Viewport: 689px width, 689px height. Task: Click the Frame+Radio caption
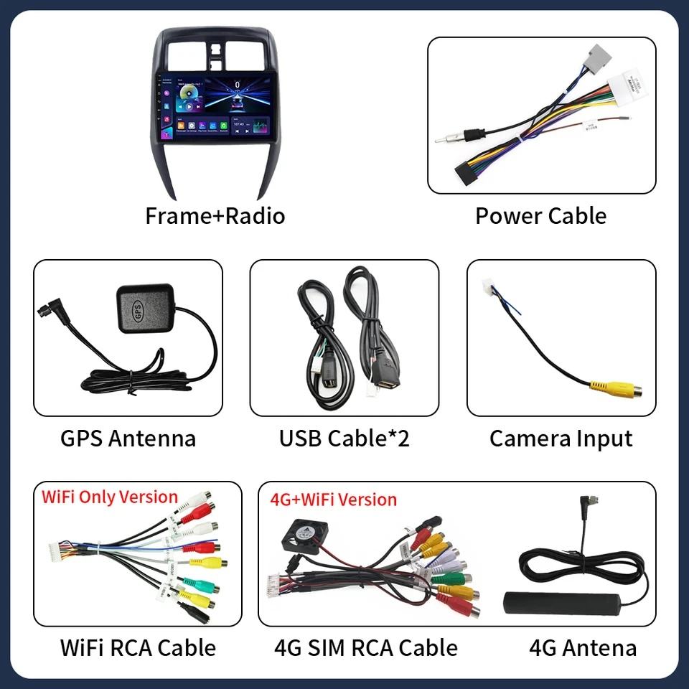tap(215, 215)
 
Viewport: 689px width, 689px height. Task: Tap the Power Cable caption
tap(540, 215)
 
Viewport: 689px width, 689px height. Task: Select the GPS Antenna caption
tap(128, 439)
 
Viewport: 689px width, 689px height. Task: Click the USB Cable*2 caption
tap(344, 439)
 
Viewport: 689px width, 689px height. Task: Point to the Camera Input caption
tap(561, 439)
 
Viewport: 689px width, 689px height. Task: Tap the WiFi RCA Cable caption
tap(138, 647)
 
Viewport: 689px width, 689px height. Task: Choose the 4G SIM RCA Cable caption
tap(365, 647)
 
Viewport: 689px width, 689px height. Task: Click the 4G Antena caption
tap(583, 648)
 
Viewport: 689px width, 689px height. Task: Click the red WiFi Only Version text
tap(109, 497)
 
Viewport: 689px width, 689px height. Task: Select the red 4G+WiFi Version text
tap(333, 499)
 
